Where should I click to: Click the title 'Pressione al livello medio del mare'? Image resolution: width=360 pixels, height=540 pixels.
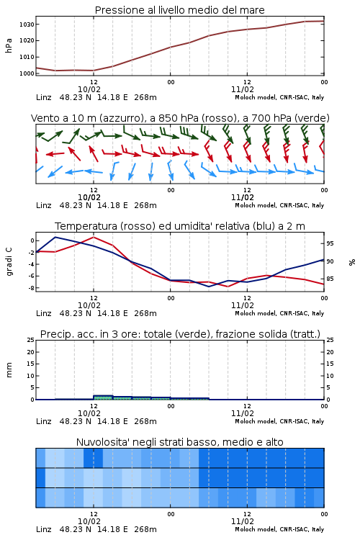(179, 10)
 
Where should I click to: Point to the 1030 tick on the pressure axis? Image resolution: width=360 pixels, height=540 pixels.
(27, 24)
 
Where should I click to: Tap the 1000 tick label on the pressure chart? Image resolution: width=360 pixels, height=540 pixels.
(27, 73)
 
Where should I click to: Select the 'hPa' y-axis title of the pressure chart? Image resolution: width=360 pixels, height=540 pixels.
(9, 45)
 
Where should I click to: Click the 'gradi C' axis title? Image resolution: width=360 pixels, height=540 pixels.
(9, 261)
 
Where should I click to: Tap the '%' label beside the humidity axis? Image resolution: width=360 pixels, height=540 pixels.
(352, 262)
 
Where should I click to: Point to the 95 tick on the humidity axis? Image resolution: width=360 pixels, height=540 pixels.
(330, 243)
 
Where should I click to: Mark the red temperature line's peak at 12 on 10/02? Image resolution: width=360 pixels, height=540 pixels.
(94, 237)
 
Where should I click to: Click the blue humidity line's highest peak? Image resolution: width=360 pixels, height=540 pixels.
(55, 237)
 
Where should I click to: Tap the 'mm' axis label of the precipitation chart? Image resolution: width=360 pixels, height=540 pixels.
(9, 370)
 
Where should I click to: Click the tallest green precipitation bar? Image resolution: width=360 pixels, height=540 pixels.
(103, 397)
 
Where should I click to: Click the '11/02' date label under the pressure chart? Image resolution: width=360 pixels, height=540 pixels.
(242, 89)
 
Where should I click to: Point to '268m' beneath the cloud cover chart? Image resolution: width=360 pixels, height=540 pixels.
(145, 529)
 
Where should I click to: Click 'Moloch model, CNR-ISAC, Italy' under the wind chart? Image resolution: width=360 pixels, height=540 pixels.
(279, 205)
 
